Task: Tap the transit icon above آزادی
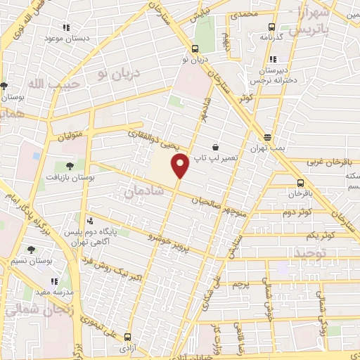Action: [127, 337]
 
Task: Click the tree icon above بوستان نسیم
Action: [30, 249]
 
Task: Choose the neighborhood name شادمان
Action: [143, 191]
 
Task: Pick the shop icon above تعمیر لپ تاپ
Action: [224, 148]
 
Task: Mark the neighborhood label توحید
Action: [312, 251]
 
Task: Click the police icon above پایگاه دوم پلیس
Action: [89, 221]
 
